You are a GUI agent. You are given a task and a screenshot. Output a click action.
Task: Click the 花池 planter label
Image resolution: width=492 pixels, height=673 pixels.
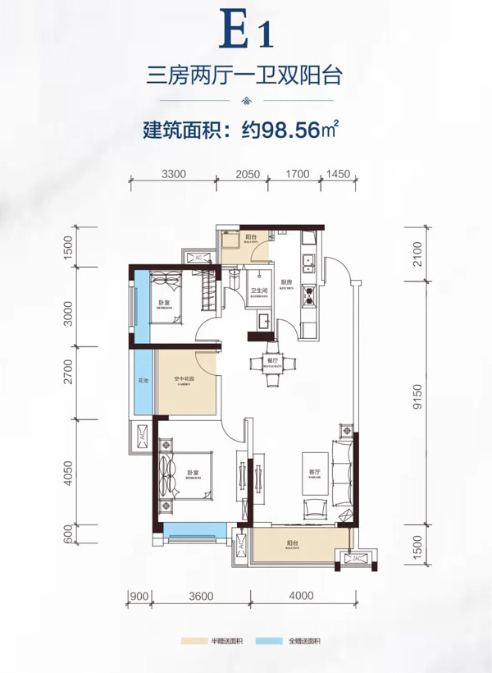coord(143,380)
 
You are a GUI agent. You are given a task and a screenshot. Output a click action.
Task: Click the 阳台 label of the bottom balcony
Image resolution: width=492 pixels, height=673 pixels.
coord(293,543)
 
